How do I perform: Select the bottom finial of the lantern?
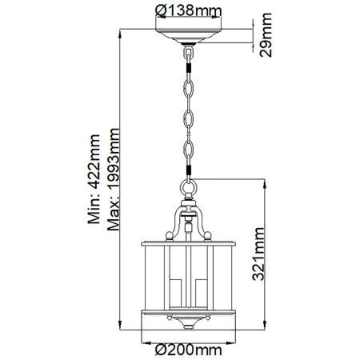(x=188, y=326)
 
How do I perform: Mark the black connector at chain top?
(x=188, y=75)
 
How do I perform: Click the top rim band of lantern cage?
(x=188, y=244)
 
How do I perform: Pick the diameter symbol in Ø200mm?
(x=158, y=349)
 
